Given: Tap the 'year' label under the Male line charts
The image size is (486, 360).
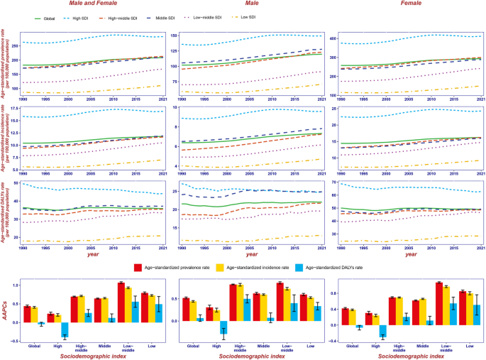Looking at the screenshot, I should coord(247,253).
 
